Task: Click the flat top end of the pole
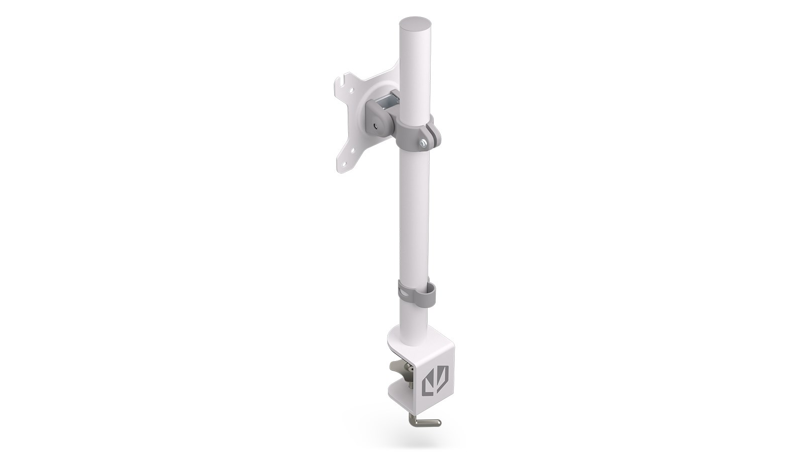(417, 24)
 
